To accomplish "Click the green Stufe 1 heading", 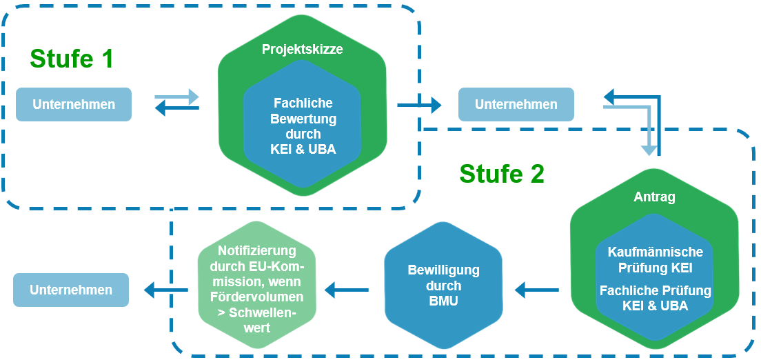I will click(x=71, y=59).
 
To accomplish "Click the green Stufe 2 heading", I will click(x=502, y=174).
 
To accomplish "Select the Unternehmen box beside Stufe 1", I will click(x=74, y=105).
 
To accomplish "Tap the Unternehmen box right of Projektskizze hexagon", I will click(x=516, y=105).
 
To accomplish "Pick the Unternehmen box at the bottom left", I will click(x=71, y=290).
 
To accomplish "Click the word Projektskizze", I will click(x=302, y=50).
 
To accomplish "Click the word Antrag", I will click(x=654, y=197).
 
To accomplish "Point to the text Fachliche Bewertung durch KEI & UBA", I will click(x=303, y=126).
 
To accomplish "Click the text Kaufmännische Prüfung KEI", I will click(x=655, y=260).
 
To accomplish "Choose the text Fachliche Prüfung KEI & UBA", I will click(x=655, y=298).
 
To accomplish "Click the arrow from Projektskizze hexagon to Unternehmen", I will click(x=419, y=105).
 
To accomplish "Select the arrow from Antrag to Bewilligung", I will click(x=537, y=290).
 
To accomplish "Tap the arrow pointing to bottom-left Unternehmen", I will click(x=165, y=290).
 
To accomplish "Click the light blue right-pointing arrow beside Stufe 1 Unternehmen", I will click(x=177, y=97).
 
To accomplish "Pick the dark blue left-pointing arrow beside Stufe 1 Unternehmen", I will click(x=177, y=108).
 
